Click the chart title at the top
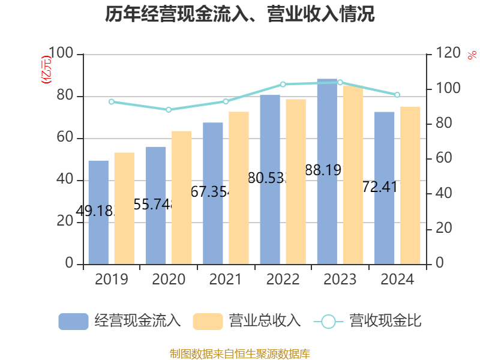240,14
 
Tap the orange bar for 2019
124,208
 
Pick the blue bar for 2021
213,193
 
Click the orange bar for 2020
182,197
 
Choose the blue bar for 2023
327,171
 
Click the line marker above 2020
169,110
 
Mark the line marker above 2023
340,82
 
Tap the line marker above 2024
397,95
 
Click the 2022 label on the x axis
283,280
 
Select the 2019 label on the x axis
111,280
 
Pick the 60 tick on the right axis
442,159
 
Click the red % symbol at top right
471,55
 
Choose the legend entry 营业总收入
247,321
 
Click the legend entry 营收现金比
367,321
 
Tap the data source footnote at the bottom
240,353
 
